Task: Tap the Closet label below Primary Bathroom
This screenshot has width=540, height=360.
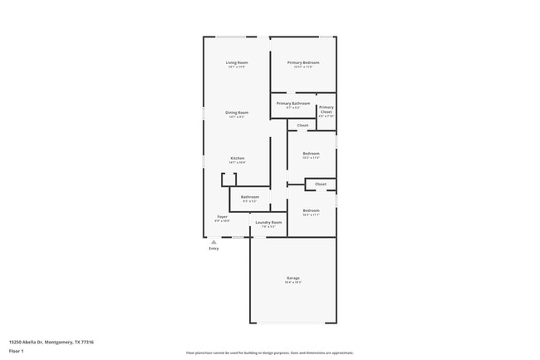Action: click(x=302, y=125)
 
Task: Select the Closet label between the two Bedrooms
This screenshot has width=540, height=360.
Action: click(x=321, y=184)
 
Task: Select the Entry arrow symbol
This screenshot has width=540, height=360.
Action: click(x=214, y=242)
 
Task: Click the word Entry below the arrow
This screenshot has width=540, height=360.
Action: click(x=214, y=249)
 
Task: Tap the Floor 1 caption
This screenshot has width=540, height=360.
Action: click(x=17, y=351)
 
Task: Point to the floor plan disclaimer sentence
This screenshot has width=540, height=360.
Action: click(x=269, y=353)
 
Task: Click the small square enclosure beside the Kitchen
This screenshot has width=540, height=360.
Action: click(x=228, y=180)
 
